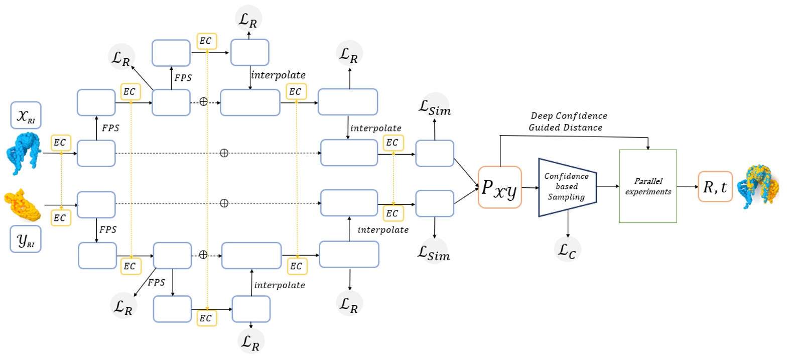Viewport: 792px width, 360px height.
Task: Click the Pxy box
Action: click(499, 187)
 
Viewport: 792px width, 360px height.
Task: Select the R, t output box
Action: click(715, 187)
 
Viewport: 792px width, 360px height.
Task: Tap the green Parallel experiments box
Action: click(647, 186)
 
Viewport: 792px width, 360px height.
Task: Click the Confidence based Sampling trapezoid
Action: click(567, 187)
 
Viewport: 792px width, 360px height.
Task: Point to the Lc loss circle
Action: click(567, 249)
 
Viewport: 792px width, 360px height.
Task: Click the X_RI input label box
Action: click(26, 115)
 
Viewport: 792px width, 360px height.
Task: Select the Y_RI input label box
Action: click(26, 239)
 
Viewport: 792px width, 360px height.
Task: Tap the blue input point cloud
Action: click(24, 152)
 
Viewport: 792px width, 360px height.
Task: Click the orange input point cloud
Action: click(23, 205)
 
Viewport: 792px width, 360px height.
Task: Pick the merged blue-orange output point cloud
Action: click(758, 187)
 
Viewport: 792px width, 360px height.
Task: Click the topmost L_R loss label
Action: click(248, 19)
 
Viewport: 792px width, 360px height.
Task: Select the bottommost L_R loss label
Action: click(250, 341)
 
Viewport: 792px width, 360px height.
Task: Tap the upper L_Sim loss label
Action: click(435, 106)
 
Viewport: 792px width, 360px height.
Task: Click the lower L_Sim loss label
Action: click(434, 252)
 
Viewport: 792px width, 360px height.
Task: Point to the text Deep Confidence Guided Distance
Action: click(567, 122)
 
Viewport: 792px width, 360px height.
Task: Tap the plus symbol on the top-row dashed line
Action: click(203, 102)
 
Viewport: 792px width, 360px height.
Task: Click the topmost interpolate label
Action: click(278, 75)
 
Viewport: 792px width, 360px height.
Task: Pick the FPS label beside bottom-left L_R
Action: click(156, 282)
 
